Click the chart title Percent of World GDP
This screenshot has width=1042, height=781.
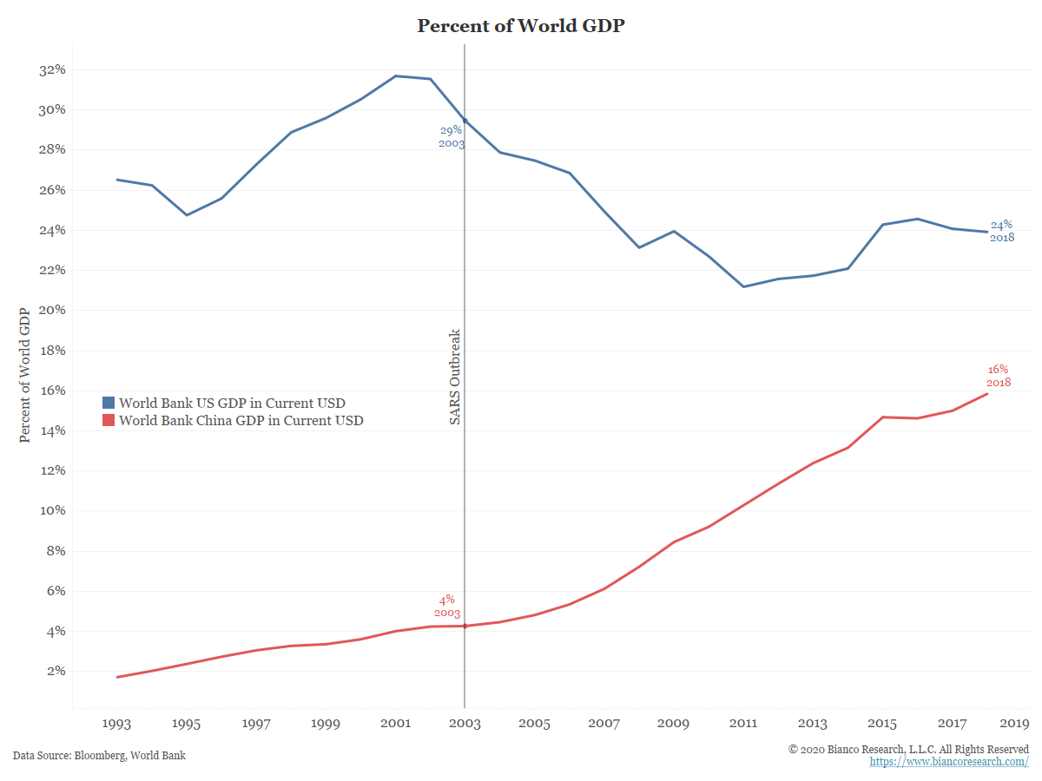[x=521, y=26]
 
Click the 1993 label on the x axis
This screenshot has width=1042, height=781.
[x=117, y=723]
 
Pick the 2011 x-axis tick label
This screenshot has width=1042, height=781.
[x=743, y=723]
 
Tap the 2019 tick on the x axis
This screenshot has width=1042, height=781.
[x=1013, y=723]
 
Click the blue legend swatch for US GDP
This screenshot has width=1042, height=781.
[x=109, y=403]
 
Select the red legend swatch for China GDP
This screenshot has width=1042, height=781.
[x=109, y=421]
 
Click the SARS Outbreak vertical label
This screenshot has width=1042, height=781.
[x=455, y=377]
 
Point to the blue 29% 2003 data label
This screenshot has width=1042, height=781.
[x=452, y=137]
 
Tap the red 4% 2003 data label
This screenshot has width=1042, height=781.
[x=447, y=607]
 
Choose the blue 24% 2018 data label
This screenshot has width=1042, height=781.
[x=1002, y=231]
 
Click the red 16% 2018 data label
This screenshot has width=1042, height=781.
[x=999, y=376]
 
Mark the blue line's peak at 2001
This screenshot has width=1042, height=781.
[x=396, y=76]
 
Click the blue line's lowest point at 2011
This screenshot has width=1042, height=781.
[x=744, y=286]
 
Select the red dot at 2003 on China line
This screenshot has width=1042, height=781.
[x=465, y=626]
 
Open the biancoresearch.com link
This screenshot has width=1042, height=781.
[x=949, y=762]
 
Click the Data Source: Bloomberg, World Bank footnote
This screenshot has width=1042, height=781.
[x=99, y=756]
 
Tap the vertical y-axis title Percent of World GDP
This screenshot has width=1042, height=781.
[x=25, y=374]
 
